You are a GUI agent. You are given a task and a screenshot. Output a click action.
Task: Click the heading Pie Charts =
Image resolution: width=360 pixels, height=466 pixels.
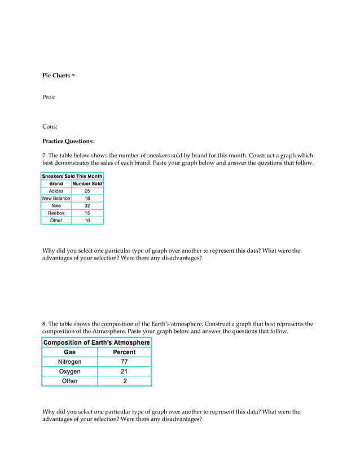point(59,75)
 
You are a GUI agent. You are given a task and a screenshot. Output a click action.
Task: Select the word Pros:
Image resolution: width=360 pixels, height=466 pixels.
point(49,98)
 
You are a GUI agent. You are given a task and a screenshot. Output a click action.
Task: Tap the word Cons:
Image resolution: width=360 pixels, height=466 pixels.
point(50,127)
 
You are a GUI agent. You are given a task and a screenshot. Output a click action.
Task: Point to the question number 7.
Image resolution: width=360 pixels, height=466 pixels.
point(44,155)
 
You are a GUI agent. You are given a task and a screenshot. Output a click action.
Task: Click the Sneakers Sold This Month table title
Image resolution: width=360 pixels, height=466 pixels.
point(72,176)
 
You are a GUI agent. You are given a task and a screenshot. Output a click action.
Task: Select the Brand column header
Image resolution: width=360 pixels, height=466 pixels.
point(56,183)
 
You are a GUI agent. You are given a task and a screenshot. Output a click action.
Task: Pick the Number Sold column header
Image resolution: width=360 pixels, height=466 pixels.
point(87,183)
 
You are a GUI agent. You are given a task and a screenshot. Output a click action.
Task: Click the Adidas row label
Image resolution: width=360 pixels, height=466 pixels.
point(56,191)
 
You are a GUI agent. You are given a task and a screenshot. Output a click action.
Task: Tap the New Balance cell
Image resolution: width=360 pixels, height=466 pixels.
point(56,199)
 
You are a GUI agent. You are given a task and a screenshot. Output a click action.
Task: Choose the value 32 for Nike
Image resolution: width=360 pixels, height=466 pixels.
point(87,206)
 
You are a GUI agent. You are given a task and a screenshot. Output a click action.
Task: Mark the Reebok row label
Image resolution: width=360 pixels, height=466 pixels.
point(56,213)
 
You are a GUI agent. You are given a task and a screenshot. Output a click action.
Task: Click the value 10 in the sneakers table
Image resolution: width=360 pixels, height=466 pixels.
point(87,221)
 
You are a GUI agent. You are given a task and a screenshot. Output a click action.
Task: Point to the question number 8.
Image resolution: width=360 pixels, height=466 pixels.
point(44,324)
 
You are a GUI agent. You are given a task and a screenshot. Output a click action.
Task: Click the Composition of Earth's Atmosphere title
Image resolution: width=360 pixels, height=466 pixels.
point(96,342)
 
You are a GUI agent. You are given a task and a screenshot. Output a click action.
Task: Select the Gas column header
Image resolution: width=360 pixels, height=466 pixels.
point(69,352)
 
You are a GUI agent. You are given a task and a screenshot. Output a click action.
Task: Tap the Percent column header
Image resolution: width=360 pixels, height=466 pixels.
point(124,352)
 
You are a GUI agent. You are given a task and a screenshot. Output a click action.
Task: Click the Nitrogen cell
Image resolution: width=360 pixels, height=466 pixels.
point(69,362)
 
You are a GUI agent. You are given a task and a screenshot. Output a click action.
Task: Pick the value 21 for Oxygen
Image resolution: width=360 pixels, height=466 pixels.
point(124,371)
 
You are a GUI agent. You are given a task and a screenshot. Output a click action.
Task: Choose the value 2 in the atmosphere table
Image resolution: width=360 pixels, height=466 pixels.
point(124,381)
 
